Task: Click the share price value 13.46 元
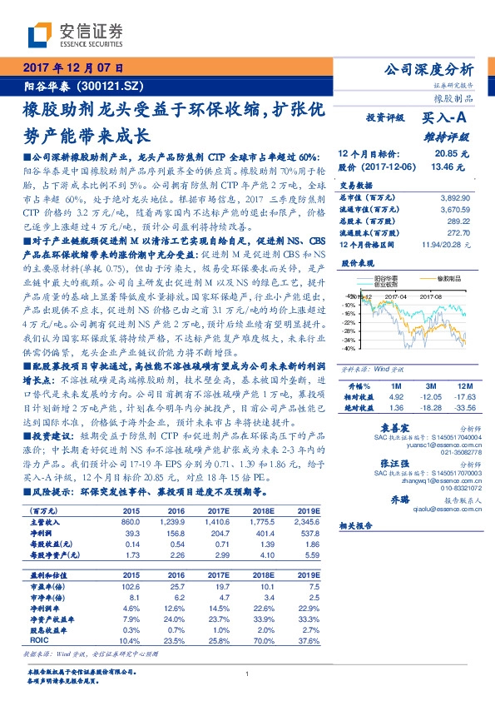tap(453, 167)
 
